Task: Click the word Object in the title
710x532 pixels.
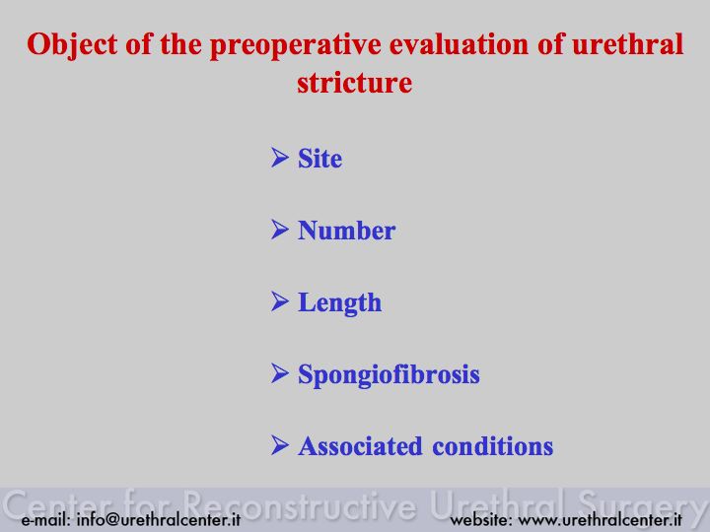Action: tap(72, 45)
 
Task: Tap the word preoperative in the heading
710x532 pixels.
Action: tap(295, 45)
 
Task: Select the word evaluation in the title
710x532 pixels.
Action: tap(459, 44)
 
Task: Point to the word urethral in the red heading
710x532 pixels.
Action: tap(627, 44)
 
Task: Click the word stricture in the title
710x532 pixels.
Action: tap(355, 83)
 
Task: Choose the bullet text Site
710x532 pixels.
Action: tap(319, 159)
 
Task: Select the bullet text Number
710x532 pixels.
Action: tap(346, 231)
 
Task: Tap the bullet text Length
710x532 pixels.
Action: tap(339, 303)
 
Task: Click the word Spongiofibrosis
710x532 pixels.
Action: tap(389, 375)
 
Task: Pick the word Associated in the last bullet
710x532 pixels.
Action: tap(360, 446)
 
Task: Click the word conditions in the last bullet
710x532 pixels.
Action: tap(493, 446)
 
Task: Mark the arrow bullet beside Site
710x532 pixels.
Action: tap(280, 158)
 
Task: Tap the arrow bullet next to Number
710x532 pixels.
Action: tap(280, 230)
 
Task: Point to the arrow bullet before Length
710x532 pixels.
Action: tap(280, 301)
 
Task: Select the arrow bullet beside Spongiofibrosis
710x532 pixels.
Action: tap(280, 373)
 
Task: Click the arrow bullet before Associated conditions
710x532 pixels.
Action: tap(280, 445)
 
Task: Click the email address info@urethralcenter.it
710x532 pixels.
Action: tap(159, 519)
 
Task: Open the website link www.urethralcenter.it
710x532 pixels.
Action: tap(600, 519)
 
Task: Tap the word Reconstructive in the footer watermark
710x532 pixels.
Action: tap(300, 505)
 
